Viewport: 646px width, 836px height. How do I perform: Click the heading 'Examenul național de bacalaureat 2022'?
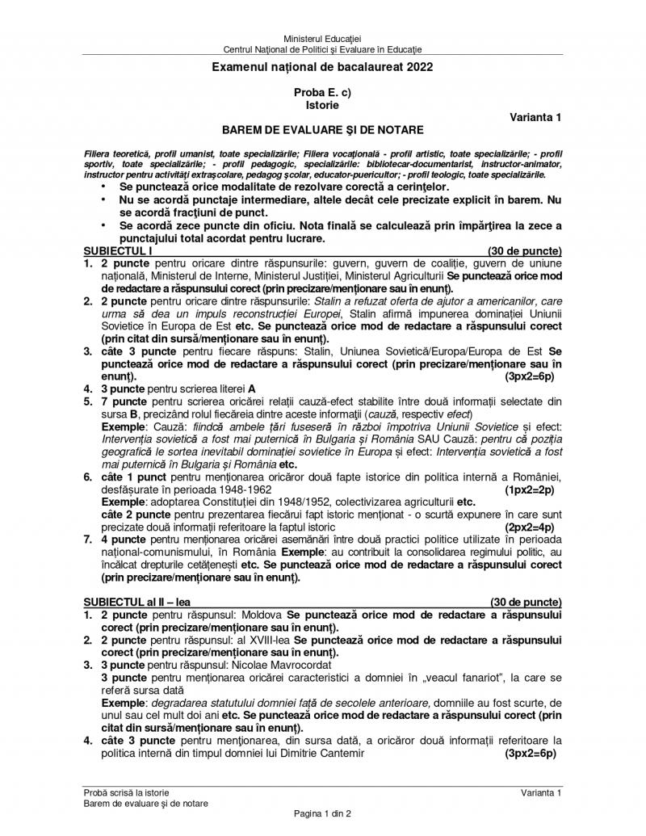point(322,67)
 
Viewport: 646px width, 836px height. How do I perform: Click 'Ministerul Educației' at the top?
point(322,39)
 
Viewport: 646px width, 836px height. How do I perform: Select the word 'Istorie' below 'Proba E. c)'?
point(322,104)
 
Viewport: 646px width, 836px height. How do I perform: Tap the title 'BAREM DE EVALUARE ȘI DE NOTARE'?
point(322,129)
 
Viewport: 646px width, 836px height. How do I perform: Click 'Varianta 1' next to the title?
point(535,117)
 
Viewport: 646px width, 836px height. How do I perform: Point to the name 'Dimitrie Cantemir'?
point(317,753)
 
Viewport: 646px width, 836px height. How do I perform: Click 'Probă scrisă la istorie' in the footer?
point(126,793)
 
